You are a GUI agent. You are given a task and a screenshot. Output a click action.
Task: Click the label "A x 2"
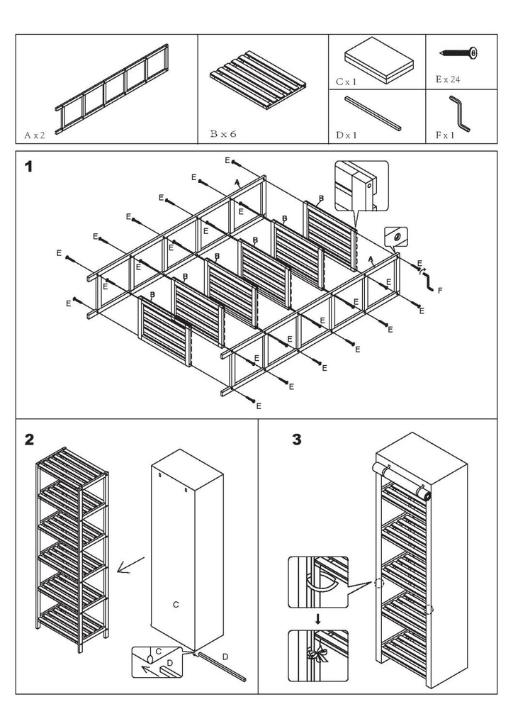point(34,133)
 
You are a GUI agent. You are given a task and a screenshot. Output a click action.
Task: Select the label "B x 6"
point(223,133)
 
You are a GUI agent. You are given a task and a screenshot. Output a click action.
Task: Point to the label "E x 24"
point(448,80)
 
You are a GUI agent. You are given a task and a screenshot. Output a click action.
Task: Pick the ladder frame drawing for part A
point(113,86)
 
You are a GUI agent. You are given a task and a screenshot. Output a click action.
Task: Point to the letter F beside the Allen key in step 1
point(441,291)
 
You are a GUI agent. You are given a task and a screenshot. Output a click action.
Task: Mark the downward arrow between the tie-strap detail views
point(318,619)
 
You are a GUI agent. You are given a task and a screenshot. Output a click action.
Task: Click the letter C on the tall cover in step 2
point(176,605)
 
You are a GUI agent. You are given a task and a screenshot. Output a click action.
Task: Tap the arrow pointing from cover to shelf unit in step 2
point(129,565)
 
